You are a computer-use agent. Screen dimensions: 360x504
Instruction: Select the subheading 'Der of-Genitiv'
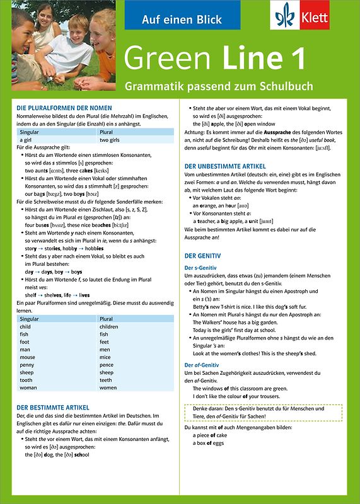tap(202, 365)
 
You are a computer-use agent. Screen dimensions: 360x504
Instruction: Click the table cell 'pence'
tap(107, 365)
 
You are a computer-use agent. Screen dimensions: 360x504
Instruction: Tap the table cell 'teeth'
tap(106, 380)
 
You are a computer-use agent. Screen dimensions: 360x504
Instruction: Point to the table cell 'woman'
tap(29, 387)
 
